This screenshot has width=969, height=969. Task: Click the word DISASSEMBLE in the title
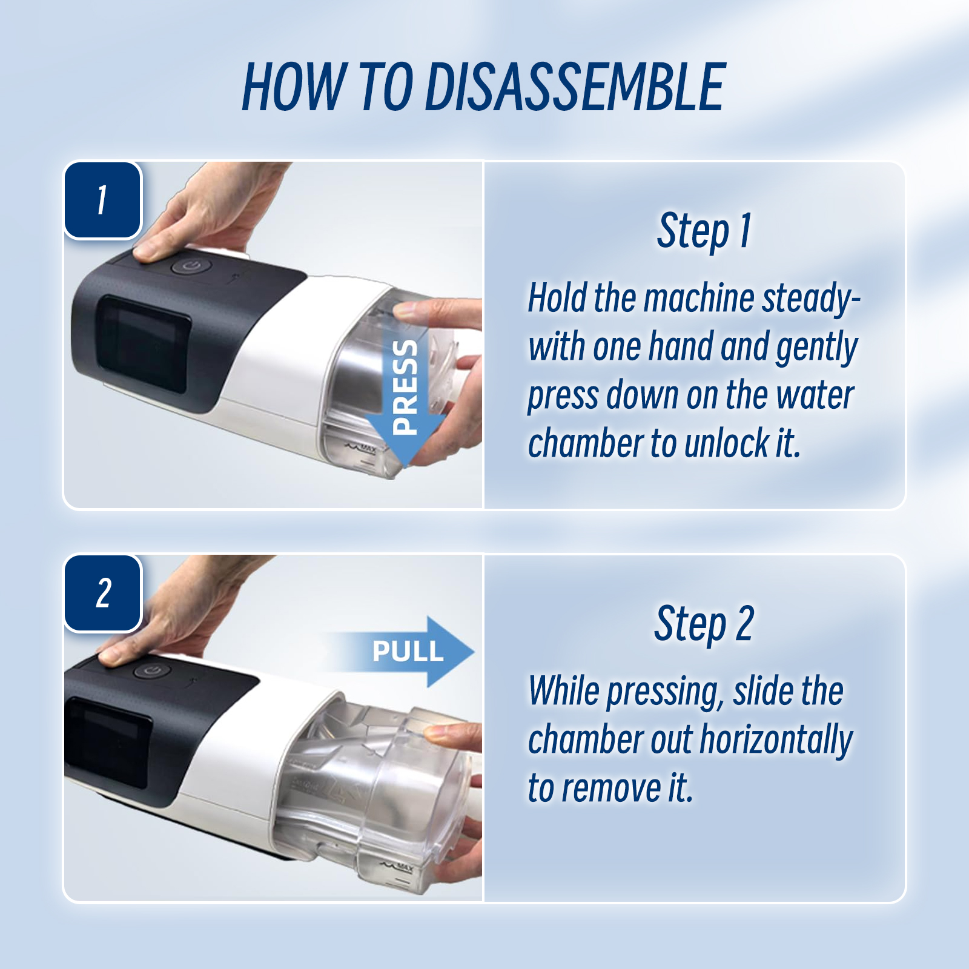pyautogui.click(x=575, y=87)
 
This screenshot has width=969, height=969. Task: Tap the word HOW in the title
pyautogui.click(x=293, y=87)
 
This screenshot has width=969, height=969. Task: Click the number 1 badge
pyautogui.click(x=103, y=200)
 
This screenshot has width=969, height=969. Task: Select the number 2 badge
pyautogui.click(x=103, y=593)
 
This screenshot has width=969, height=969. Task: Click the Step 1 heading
pyautogui.click(x=704, y=231)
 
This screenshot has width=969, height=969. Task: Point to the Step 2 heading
pyautogui.click(x=704, y=624)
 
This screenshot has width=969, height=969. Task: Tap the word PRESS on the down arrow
pyautogui.click(x=405, y=387)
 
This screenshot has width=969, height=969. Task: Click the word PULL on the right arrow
pyautogui.click(x=408, y=652)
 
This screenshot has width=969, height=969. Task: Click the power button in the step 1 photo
pyautogui.click(x=191, y=266)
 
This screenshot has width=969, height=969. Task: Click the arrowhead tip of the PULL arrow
pyautogui.click(x=474, y=652)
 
